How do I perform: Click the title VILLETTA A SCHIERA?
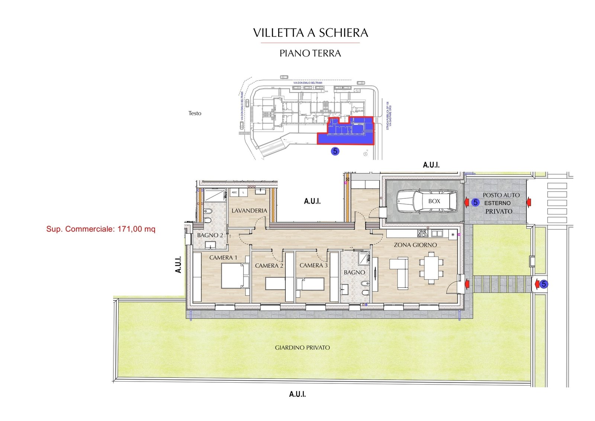pyautogui.click(x=311, y=33)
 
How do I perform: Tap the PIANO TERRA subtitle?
pyautogui.click(x=310, y=53)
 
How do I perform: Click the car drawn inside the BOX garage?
pyautogui.click(x=427, y=201)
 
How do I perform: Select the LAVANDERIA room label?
pyautogui.click(x=249, y=210)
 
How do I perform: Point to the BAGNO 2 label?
pyautogui.click(x=210, y=235)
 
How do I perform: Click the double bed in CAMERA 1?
pyautogui.click(x=234, y=275)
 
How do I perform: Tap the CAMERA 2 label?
pyautogui.click(x=269, y=265)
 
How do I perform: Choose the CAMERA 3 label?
pyautogui.click(x=313, y=265)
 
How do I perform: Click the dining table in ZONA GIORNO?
pyautogui.click(x=431, y=268)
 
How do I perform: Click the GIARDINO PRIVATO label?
pyautogui.click(x=302, y=347)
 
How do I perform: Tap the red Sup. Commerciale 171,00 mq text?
pyautogui.click(x=101, y=229)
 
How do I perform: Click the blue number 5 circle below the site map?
pyautogui.click(x=335, y=151)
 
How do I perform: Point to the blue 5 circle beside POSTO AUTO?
pyautogui.click(x=475, y=202)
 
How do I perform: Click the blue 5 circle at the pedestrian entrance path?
pyautogui.click(x=544, y=284)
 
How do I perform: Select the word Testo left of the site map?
pyautogui.click(x=194, y=113)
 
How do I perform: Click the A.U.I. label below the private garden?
pyautogui.click(x=297, y=394)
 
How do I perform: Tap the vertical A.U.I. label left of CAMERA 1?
pyautogui.click(x=178, y=264)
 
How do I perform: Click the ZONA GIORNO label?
pyautogui.click(x=415, y=245)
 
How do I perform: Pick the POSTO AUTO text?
pyautogui.click(x=501, y=195)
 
